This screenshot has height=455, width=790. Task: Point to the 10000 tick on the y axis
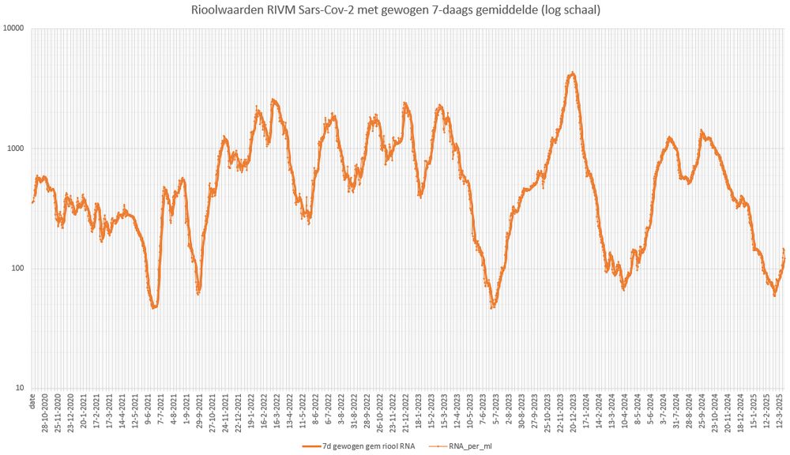(13, 28)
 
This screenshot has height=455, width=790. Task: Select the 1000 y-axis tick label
(15, 149)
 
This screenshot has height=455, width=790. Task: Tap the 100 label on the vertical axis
(17, 269)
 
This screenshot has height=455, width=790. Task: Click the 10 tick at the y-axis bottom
(19, 388)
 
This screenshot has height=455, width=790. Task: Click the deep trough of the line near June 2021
(155, 307)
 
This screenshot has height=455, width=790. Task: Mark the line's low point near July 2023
(493, 306)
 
